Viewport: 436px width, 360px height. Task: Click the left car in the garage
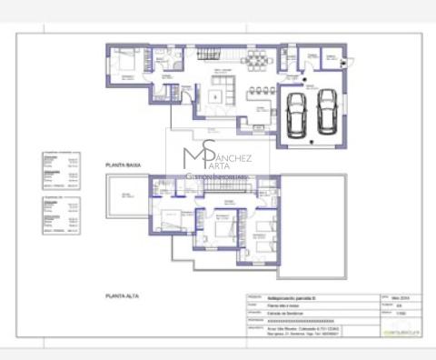coord(295,114)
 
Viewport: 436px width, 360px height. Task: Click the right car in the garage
coord(326,111)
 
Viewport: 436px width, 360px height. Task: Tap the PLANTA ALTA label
coord(122,296)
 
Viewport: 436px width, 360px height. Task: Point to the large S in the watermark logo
coord(209,153)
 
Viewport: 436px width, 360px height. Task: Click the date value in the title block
coord(401,297)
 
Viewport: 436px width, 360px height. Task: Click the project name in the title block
coord(295,297)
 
